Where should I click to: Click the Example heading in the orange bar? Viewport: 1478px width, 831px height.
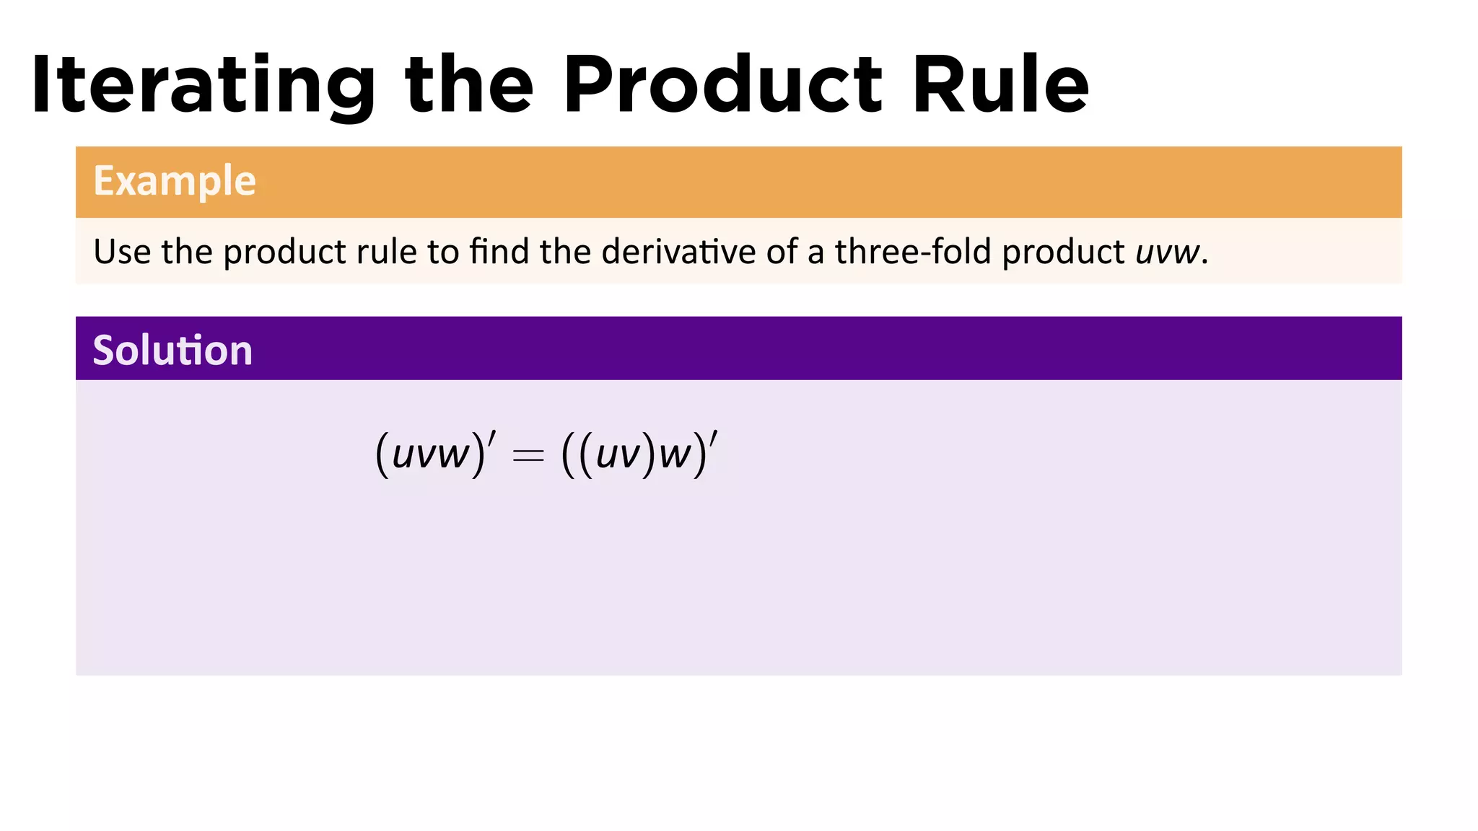point(175,180)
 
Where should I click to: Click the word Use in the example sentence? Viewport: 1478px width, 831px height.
point(122,252)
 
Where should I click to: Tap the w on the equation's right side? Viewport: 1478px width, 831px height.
point(675,455)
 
